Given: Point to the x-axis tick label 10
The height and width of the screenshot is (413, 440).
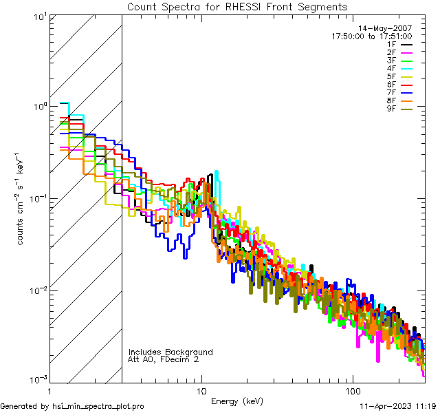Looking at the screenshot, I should click(201, 390).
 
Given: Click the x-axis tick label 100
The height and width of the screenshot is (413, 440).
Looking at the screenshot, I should click(352, 390).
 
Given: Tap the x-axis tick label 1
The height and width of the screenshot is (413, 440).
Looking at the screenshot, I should click(49, 390).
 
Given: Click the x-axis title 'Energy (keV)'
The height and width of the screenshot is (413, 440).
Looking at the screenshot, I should click(236, 401).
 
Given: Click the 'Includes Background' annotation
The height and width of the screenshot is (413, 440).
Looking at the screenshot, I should click(170, 352).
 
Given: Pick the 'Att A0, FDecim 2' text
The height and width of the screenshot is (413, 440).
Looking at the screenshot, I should click(164, 359).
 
